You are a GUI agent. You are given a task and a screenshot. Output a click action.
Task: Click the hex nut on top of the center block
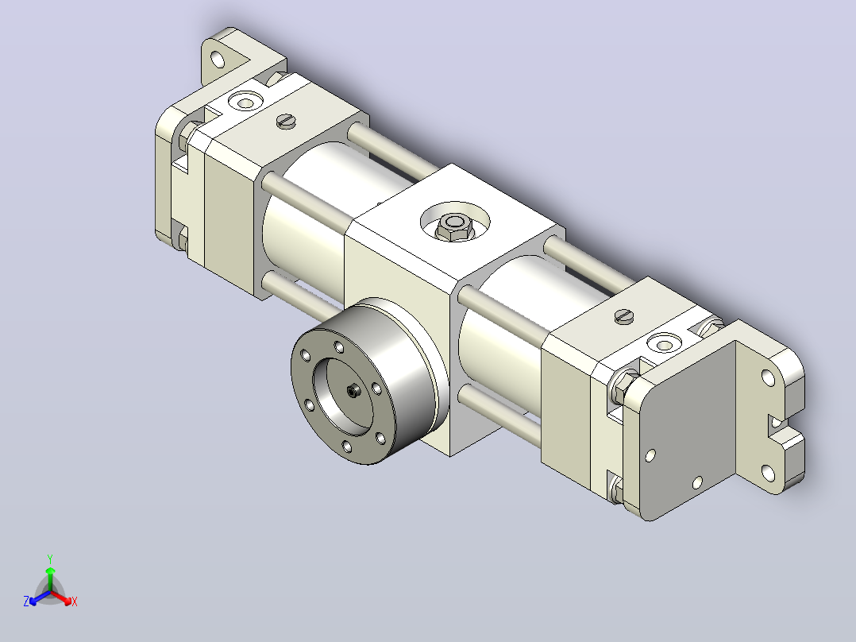(453, 226)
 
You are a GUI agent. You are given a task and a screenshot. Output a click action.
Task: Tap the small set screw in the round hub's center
(354, 391)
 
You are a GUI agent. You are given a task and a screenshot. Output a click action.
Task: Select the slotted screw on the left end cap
(286, 121)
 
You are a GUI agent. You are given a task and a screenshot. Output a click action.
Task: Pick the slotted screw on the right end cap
(624, 316)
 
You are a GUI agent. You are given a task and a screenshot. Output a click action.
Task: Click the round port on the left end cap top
(245, 102)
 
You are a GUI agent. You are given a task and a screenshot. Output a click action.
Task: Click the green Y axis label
(50, 559)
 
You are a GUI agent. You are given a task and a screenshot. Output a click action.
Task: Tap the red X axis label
(75, 601)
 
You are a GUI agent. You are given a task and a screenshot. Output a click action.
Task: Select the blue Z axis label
(26, 601)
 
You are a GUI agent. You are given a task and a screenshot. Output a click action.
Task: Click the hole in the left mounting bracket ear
(218, 59)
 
